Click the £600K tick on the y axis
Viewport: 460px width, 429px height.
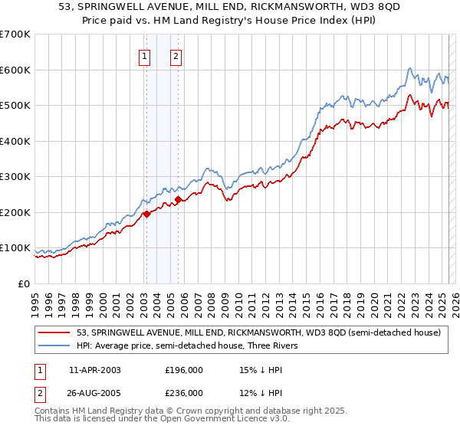[15, 70]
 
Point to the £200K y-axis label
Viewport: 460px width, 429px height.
[15, 212]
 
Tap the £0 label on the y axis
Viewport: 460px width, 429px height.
[24, 283]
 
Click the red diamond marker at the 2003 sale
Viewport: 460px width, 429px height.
[146, 214]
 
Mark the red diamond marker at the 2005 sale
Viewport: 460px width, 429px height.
[178, 200]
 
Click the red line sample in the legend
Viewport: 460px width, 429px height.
[54, 333]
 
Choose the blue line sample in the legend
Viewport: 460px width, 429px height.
[54, 345]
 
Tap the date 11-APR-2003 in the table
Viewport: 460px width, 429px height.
[95, 369]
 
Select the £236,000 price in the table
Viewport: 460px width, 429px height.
[184, 392]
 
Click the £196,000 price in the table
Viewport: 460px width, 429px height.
[184, 369]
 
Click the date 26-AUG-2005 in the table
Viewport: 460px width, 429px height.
[95, 392]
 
